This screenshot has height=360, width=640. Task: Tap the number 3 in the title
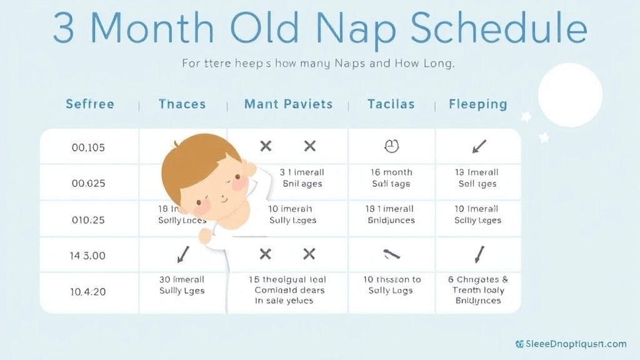coord(64,29)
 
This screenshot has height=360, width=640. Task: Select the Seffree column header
coord(90,104)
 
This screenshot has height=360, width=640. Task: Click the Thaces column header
coord(182,104)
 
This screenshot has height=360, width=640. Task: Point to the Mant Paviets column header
coord(288,104)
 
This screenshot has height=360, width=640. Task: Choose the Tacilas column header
coord(391,104)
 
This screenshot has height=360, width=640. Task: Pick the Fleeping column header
coord(477,104)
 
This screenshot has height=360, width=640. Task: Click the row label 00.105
coord(88,147)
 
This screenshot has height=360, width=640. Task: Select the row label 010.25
coord(88,219)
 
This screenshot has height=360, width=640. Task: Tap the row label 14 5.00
coord(88,255)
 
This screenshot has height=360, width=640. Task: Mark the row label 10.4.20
coord(88,291)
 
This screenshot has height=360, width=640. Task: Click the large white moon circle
coord(569,95)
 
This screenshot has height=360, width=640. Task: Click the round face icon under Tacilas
coord(391,147)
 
